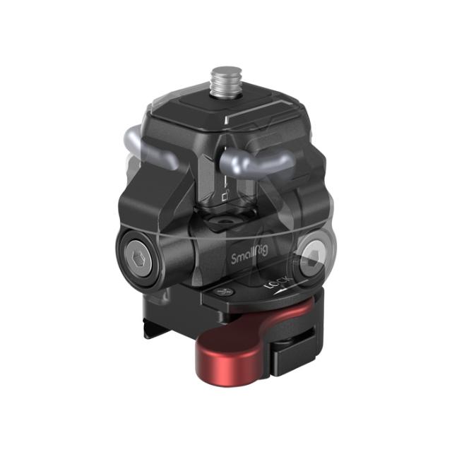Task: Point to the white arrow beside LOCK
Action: pos(280,289)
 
